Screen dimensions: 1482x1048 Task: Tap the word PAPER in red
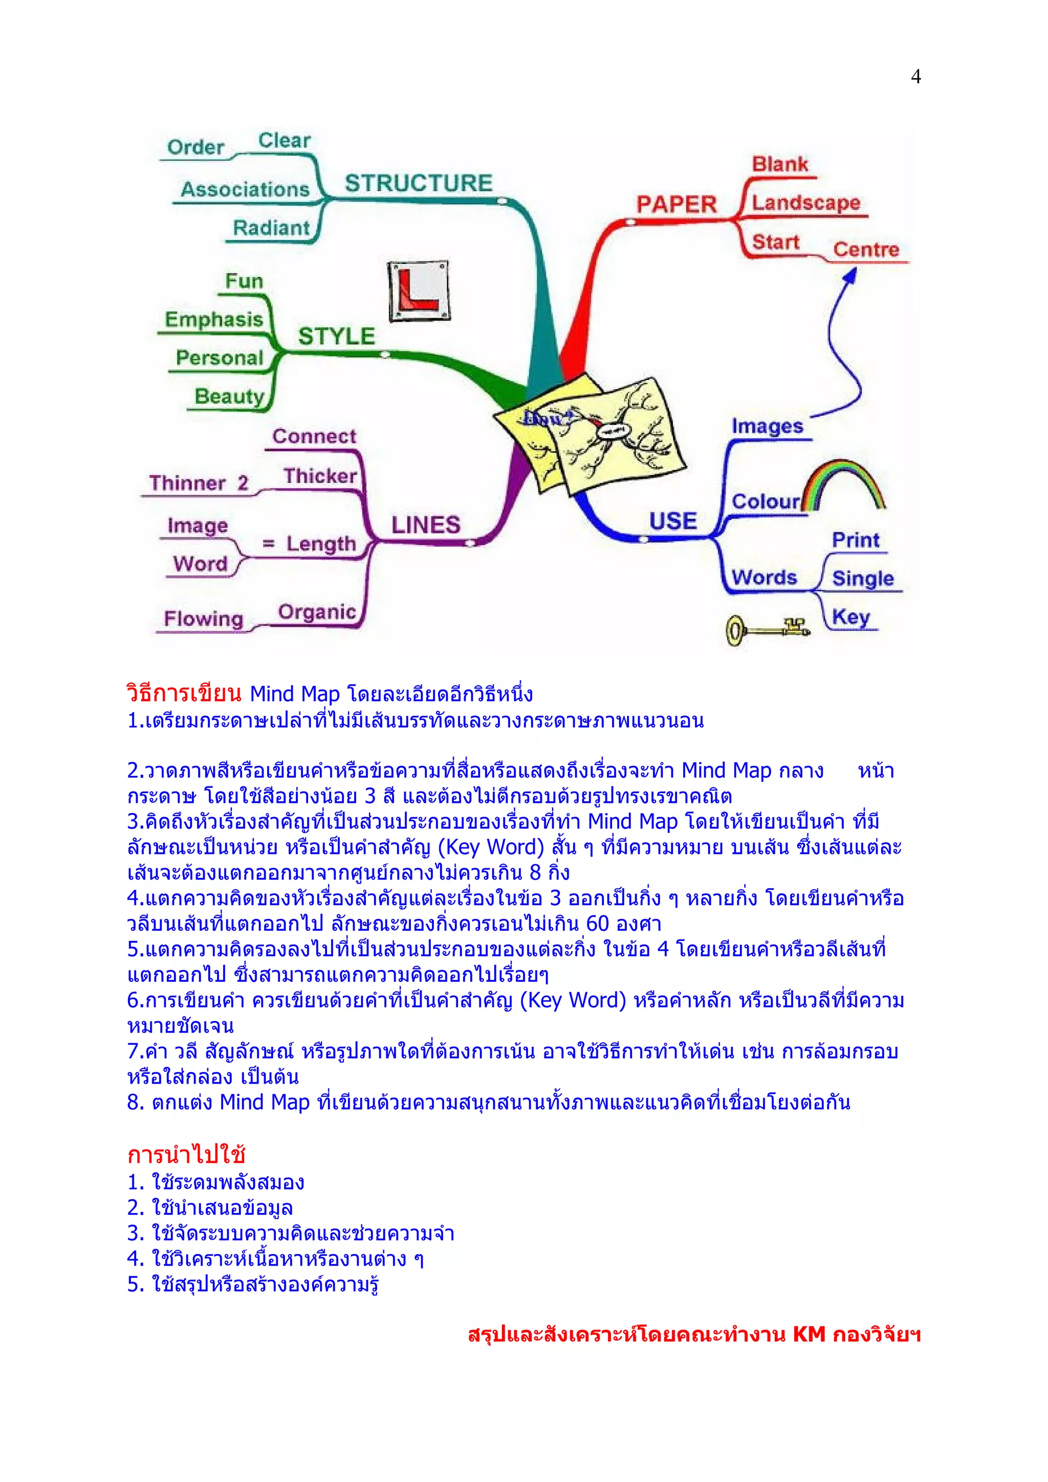(676, 205)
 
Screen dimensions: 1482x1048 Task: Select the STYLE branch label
(336, 336)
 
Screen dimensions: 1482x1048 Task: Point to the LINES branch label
(426, 525)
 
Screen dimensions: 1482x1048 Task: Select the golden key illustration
(766, 630)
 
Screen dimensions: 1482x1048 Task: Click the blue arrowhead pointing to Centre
(850, 275)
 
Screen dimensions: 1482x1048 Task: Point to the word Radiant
(271, 228)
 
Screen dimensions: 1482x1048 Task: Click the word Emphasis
(214, 320)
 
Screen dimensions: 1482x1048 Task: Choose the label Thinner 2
(198, 483)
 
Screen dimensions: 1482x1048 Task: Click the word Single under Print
(862, 578)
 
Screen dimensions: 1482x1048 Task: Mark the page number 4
(915, 77)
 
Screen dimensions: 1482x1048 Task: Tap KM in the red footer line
(809, 1334)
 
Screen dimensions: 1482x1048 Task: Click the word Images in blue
(767, 426)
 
